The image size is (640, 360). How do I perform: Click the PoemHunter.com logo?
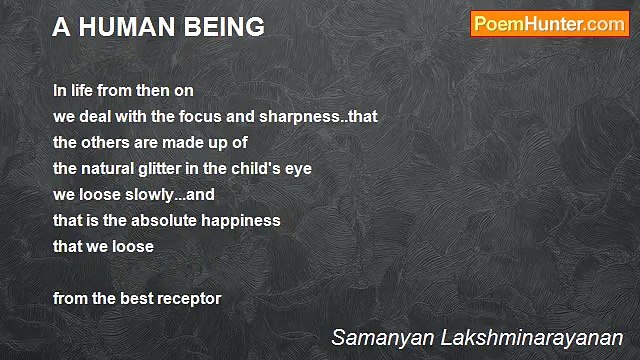point(549,24)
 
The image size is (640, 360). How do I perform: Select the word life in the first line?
point(81,89)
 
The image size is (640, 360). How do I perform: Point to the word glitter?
point(171,168)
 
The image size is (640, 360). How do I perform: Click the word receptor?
point(187,298)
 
